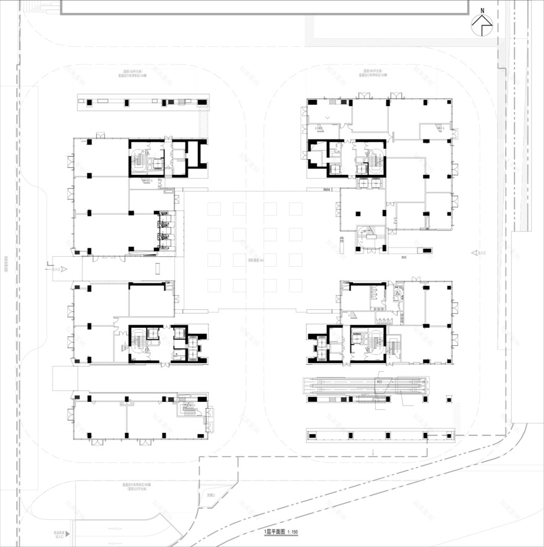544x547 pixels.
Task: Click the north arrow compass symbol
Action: (x=482, y=26)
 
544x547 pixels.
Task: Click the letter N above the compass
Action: (x=482, y=9)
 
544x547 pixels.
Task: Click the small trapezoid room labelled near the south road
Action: (x=212, y=495)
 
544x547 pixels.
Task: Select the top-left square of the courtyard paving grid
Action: (x=214, y=209)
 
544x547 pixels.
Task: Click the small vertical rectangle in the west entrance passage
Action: (x=158, y=268)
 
